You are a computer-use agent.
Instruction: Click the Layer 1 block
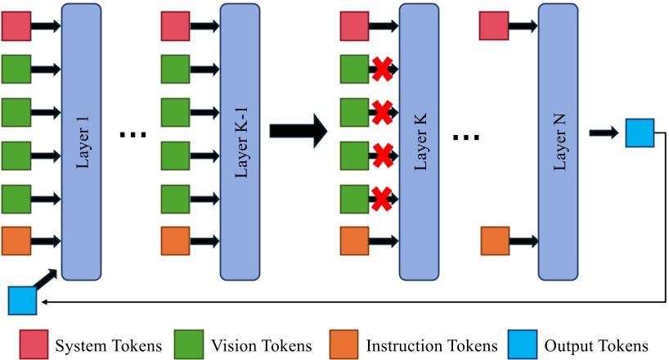pos(81,141)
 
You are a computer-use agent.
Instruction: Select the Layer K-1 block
pos(240,141)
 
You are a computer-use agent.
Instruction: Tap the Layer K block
pos(420,141)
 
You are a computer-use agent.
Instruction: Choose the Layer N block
pos(559,141)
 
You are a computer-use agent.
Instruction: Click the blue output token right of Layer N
pos(639,133)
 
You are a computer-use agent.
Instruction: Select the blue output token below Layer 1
pos(22,300)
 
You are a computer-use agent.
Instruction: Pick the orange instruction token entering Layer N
pos(494,241)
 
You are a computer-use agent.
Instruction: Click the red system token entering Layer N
pos(494,25)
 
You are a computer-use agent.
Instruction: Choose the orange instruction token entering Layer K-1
pos(175,241)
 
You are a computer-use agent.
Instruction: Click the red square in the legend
pos(32,346)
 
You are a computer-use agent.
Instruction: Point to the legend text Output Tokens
pos(600,346)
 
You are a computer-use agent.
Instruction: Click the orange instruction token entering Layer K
pos(354,241)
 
